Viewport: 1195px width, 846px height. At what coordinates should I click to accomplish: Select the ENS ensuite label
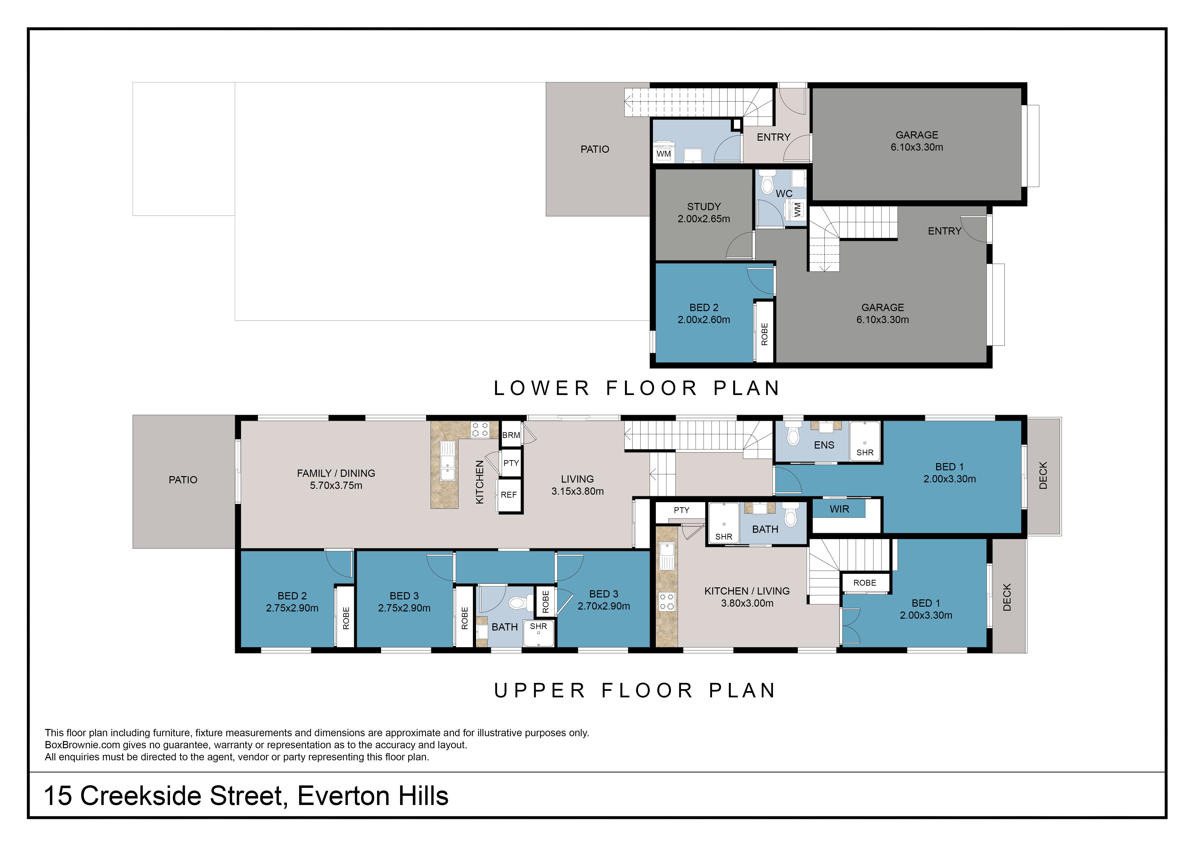(824, 445)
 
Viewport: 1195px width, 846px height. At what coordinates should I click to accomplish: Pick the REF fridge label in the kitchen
(509, 495)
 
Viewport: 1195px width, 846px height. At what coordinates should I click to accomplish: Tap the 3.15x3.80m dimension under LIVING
(578, 491)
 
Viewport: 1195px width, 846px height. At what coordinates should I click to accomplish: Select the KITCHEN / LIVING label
(747, 591)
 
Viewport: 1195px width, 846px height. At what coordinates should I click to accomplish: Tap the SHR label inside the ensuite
(865, 453)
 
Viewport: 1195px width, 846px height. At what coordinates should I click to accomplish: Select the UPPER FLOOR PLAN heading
(635, 691)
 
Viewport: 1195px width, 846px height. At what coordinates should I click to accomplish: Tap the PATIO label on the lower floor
(594, 150)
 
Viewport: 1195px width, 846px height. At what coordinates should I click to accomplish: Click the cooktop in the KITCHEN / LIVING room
(667, 602)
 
